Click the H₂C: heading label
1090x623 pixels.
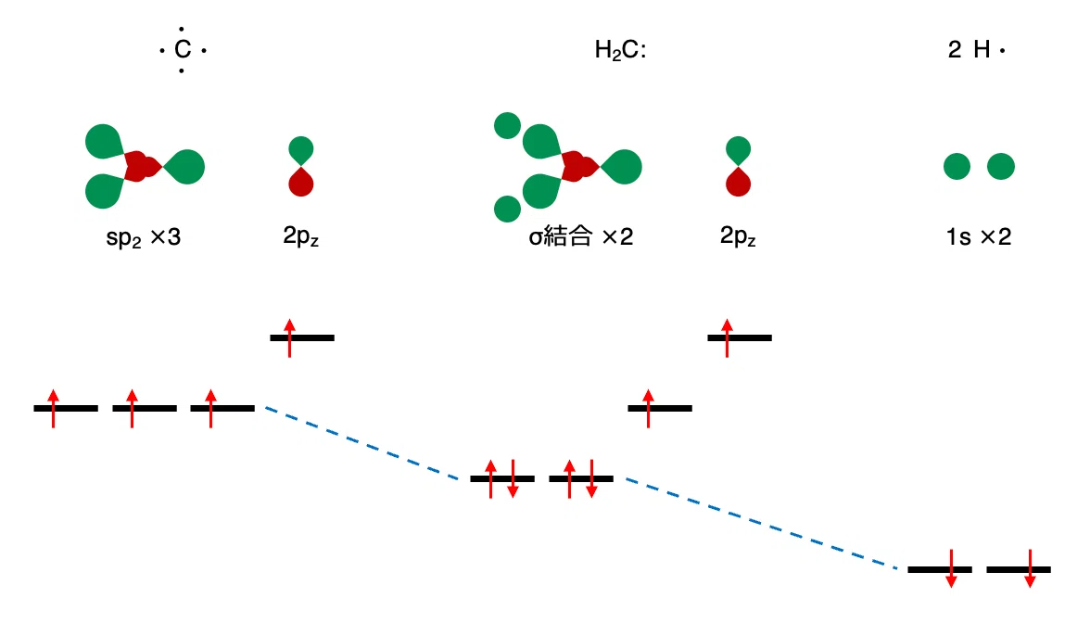620,50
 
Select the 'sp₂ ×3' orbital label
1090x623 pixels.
143,237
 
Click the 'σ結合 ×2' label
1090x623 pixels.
580,236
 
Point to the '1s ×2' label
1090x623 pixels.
978,236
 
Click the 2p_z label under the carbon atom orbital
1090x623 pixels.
300,236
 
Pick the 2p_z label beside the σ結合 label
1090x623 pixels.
738,236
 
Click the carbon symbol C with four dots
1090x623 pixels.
182,49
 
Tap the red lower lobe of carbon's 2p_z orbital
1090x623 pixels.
301,182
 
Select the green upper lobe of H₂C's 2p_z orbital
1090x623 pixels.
738,151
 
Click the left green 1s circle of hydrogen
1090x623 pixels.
957,166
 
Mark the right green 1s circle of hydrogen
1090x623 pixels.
1001,166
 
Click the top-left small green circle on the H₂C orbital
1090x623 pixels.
508,126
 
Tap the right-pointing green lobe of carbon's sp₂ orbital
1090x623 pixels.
185,167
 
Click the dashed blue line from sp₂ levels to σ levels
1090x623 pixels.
362,443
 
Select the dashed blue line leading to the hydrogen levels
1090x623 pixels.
762,524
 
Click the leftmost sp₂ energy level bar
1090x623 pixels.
66,408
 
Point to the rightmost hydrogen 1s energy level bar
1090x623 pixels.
1019,569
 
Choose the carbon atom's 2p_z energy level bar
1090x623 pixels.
302,337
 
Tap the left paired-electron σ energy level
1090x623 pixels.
502,478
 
